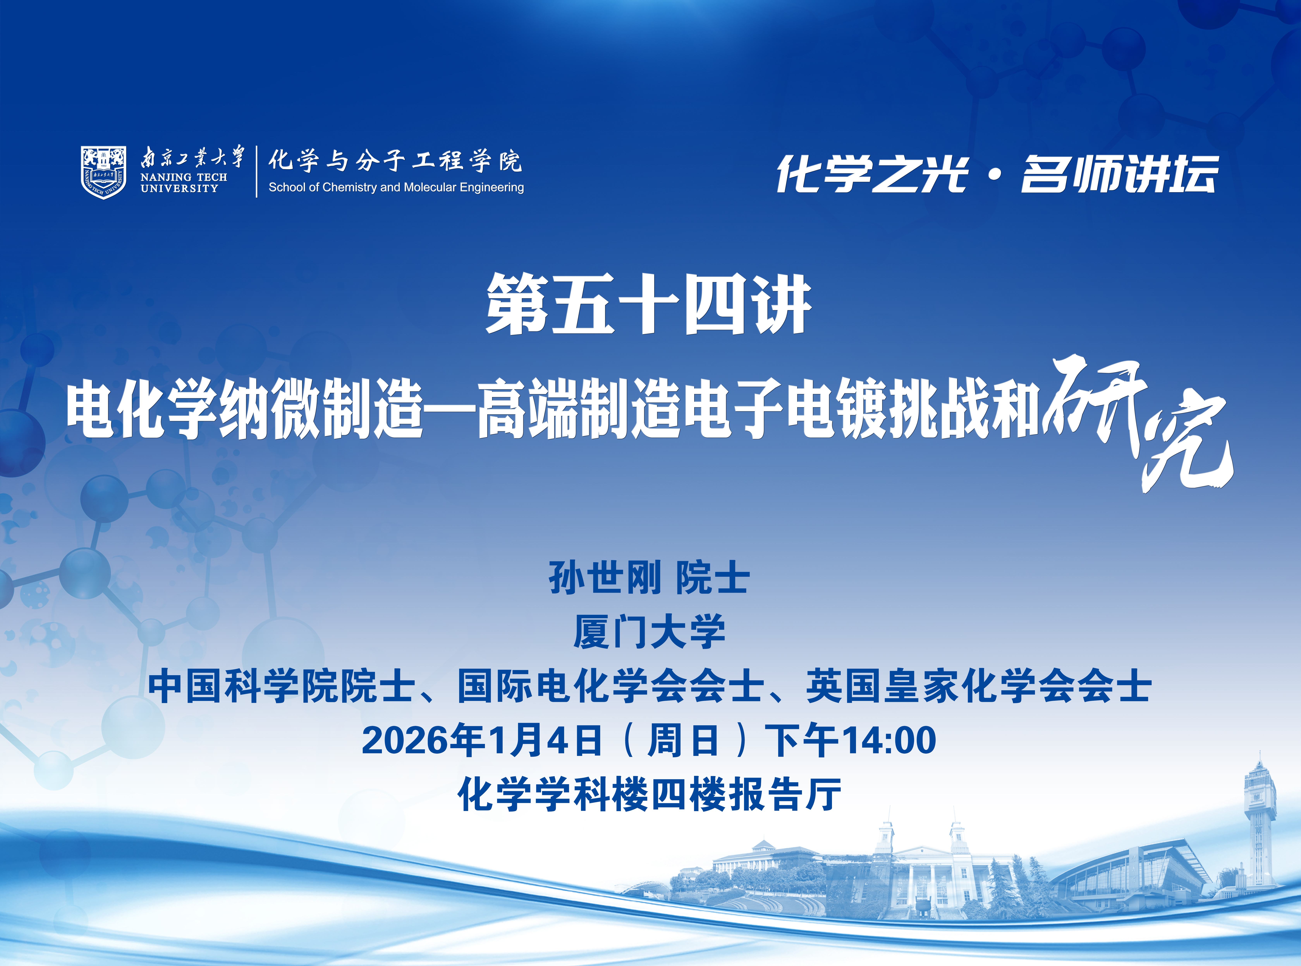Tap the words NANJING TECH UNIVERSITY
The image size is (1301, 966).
click(184, 182)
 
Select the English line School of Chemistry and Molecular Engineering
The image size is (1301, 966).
click(396, 187)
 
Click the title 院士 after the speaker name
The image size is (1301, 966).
click(713, 578)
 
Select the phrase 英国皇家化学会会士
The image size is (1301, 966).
click(979, 686)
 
